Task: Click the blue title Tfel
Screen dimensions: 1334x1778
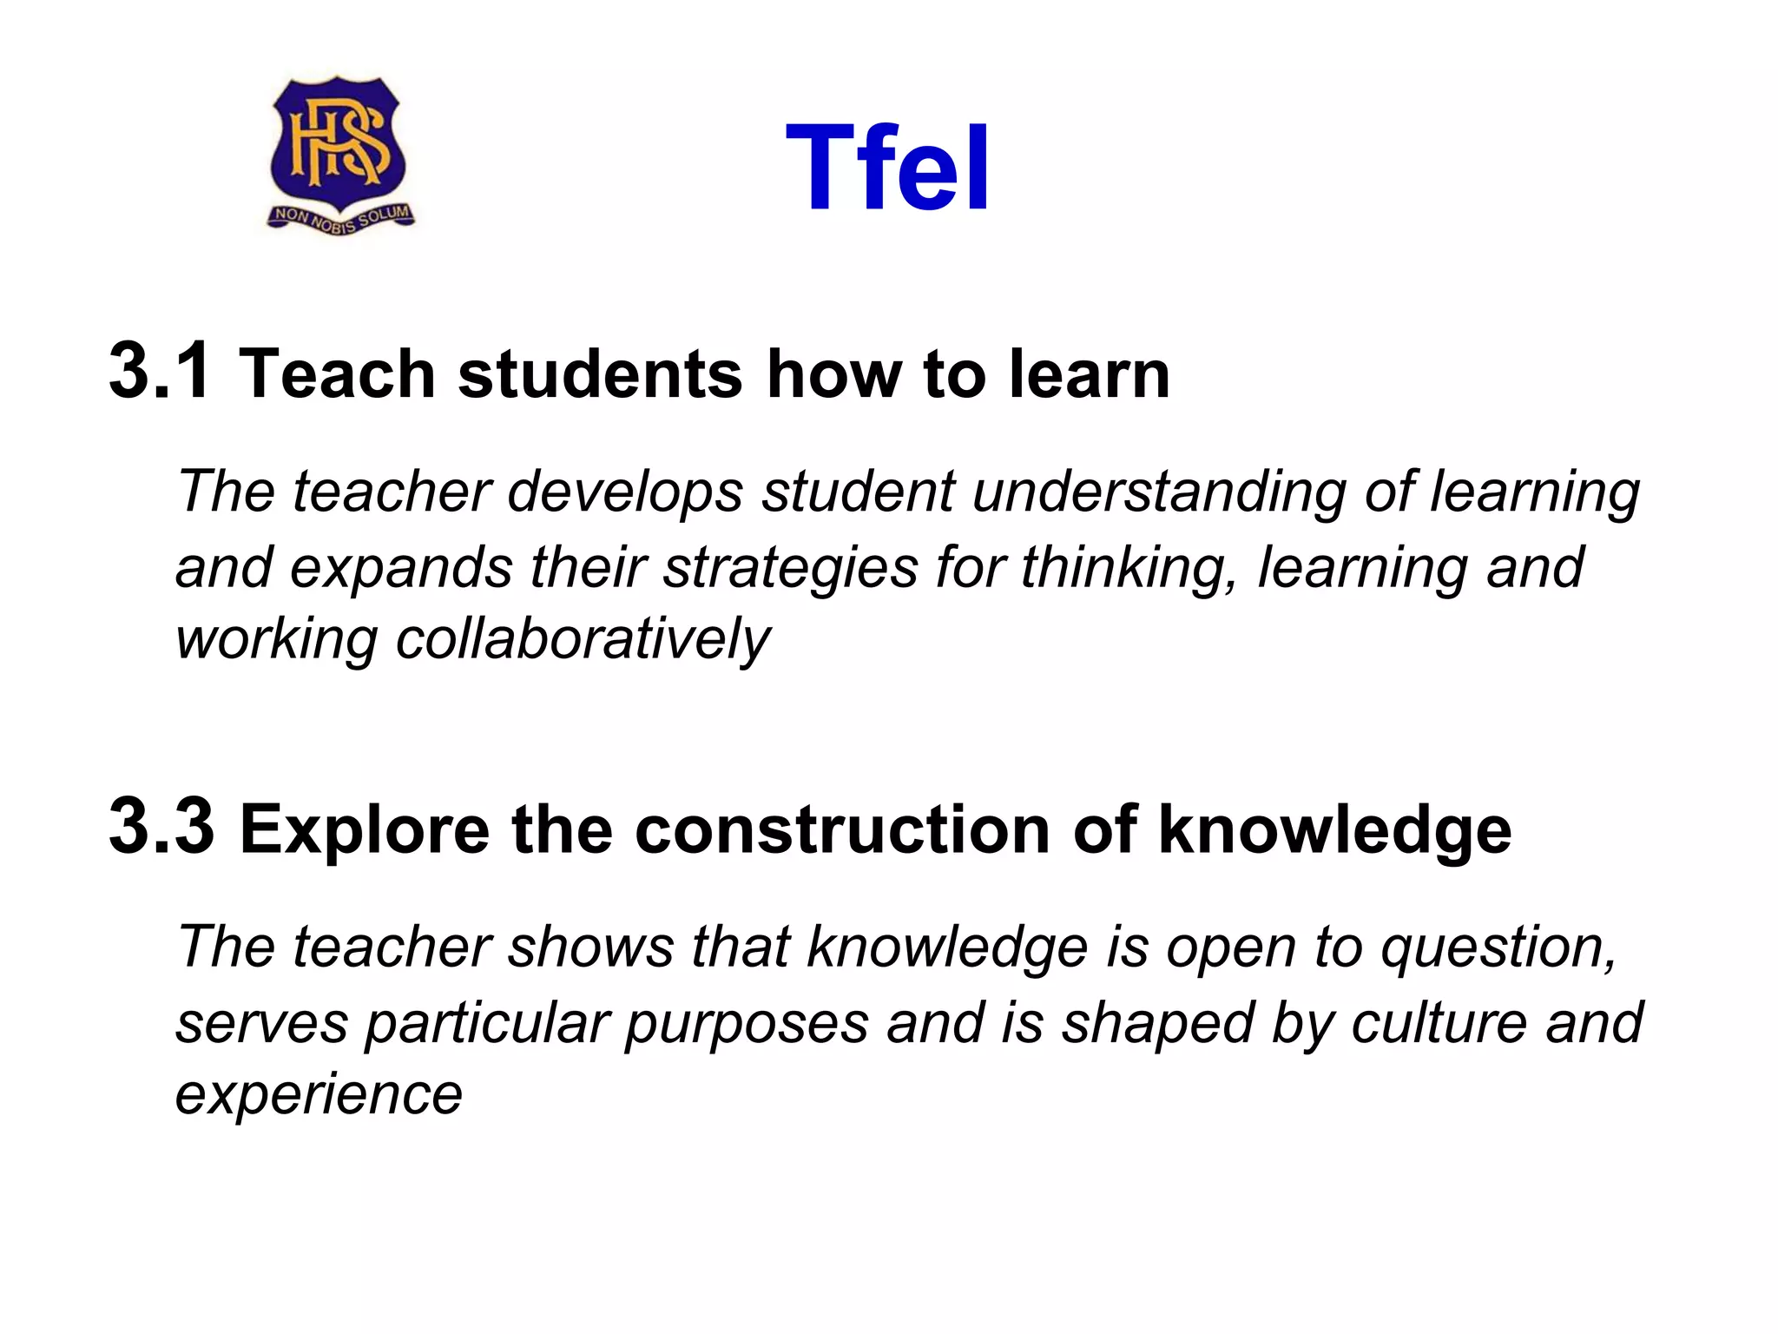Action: coord(887,168)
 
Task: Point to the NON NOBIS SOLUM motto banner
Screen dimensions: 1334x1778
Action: coord(341,217)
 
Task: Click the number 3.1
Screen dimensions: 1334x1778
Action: coord(160,372)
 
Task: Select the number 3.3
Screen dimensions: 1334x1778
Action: coord(161,827)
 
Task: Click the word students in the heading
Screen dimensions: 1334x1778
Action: coord(600,374)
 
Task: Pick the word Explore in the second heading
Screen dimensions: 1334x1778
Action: coord(364,829)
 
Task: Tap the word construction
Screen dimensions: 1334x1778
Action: coord(843,829)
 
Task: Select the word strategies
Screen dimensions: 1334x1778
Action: coord(790,568)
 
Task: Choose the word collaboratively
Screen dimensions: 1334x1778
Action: coord(583,641)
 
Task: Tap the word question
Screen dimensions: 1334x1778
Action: coord(1498,947)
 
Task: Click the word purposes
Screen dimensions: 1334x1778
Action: coord(747,1023)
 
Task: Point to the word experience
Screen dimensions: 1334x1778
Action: coord(319,1095)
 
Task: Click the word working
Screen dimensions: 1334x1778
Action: coord(276,641)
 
